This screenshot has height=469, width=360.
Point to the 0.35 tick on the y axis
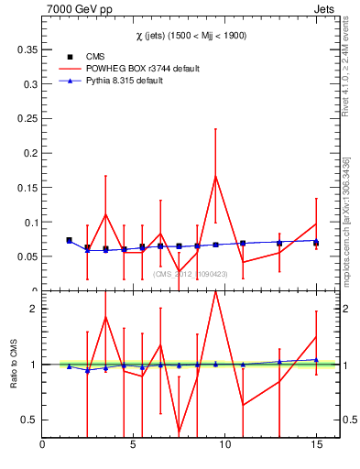point(28,49)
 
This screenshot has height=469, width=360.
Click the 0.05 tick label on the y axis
point(28,256)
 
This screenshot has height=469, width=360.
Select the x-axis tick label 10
point(224,446)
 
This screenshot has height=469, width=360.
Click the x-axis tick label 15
point(316,446)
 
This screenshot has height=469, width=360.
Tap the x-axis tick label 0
point(43,446)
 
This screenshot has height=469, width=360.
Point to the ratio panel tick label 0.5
point(30,420)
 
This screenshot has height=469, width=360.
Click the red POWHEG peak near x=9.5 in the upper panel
point(215,176)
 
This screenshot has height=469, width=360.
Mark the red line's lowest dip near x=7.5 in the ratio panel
point(179,432)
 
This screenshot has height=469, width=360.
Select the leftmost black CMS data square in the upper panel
point(69,240)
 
